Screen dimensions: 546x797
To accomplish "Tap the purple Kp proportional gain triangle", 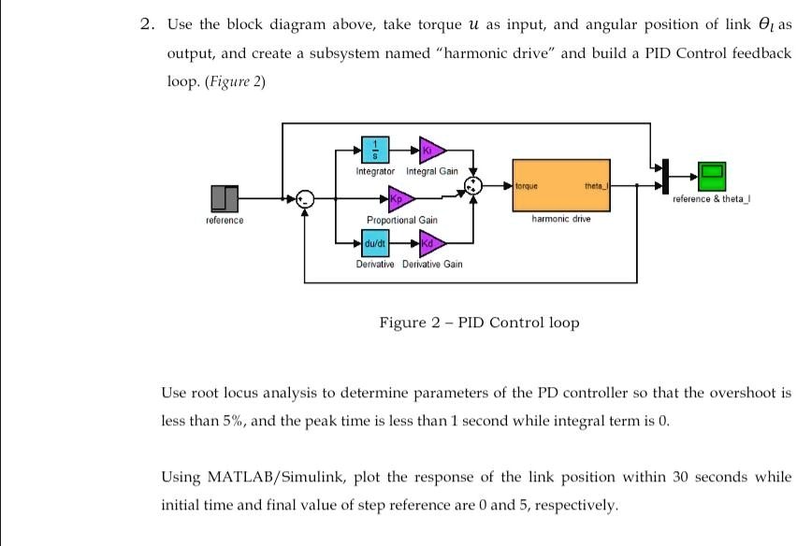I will (400, 198).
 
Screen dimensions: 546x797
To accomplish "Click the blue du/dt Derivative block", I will (375, 244).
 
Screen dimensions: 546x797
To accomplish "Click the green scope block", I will (712, 173).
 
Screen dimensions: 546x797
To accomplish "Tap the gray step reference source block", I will (225, 197).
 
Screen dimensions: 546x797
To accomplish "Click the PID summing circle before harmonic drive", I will (475, 185).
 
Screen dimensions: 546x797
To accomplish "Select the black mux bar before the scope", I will (664, 174).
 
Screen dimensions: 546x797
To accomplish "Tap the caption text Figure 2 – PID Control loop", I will (479, 323).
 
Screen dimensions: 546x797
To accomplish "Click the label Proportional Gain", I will (402, 220).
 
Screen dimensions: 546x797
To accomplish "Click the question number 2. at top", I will (147, 25).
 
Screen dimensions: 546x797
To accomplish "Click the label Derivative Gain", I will (432, 265).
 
